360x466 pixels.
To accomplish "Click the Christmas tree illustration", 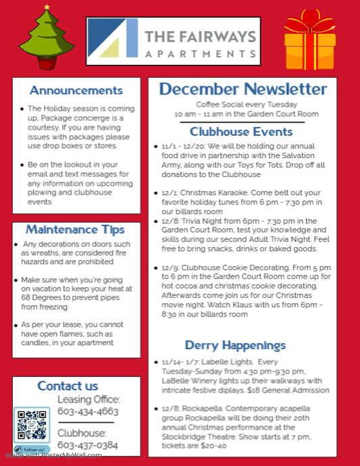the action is point(46,39).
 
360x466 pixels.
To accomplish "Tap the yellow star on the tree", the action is point(47,7).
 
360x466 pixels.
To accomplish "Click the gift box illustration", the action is point(310,42).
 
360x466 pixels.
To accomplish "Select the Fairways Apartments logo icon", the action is point(113,38).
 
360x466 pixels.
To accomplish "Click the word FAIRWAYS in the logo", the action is point(201,36).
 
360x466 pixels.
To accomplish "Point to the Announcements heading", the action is point(76,90).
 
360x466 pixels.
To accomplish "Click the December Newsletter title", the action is point(243,89).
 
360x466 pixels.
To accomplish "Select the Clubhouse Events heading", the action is point(241,132).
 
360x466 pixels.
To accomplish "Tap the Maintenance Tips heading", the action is point(76,230).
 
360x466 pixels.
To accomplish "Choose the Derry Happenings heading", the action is point(235,345).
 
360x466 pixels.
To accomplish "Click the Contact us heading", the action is point(68,386).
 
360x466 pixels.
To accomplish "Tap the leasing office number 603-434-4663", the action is point(88,411).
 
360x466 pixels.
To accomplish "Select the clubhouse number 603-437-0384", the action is point(88,445).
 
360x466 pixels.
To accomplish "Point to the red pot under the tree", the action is point(47,63).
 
